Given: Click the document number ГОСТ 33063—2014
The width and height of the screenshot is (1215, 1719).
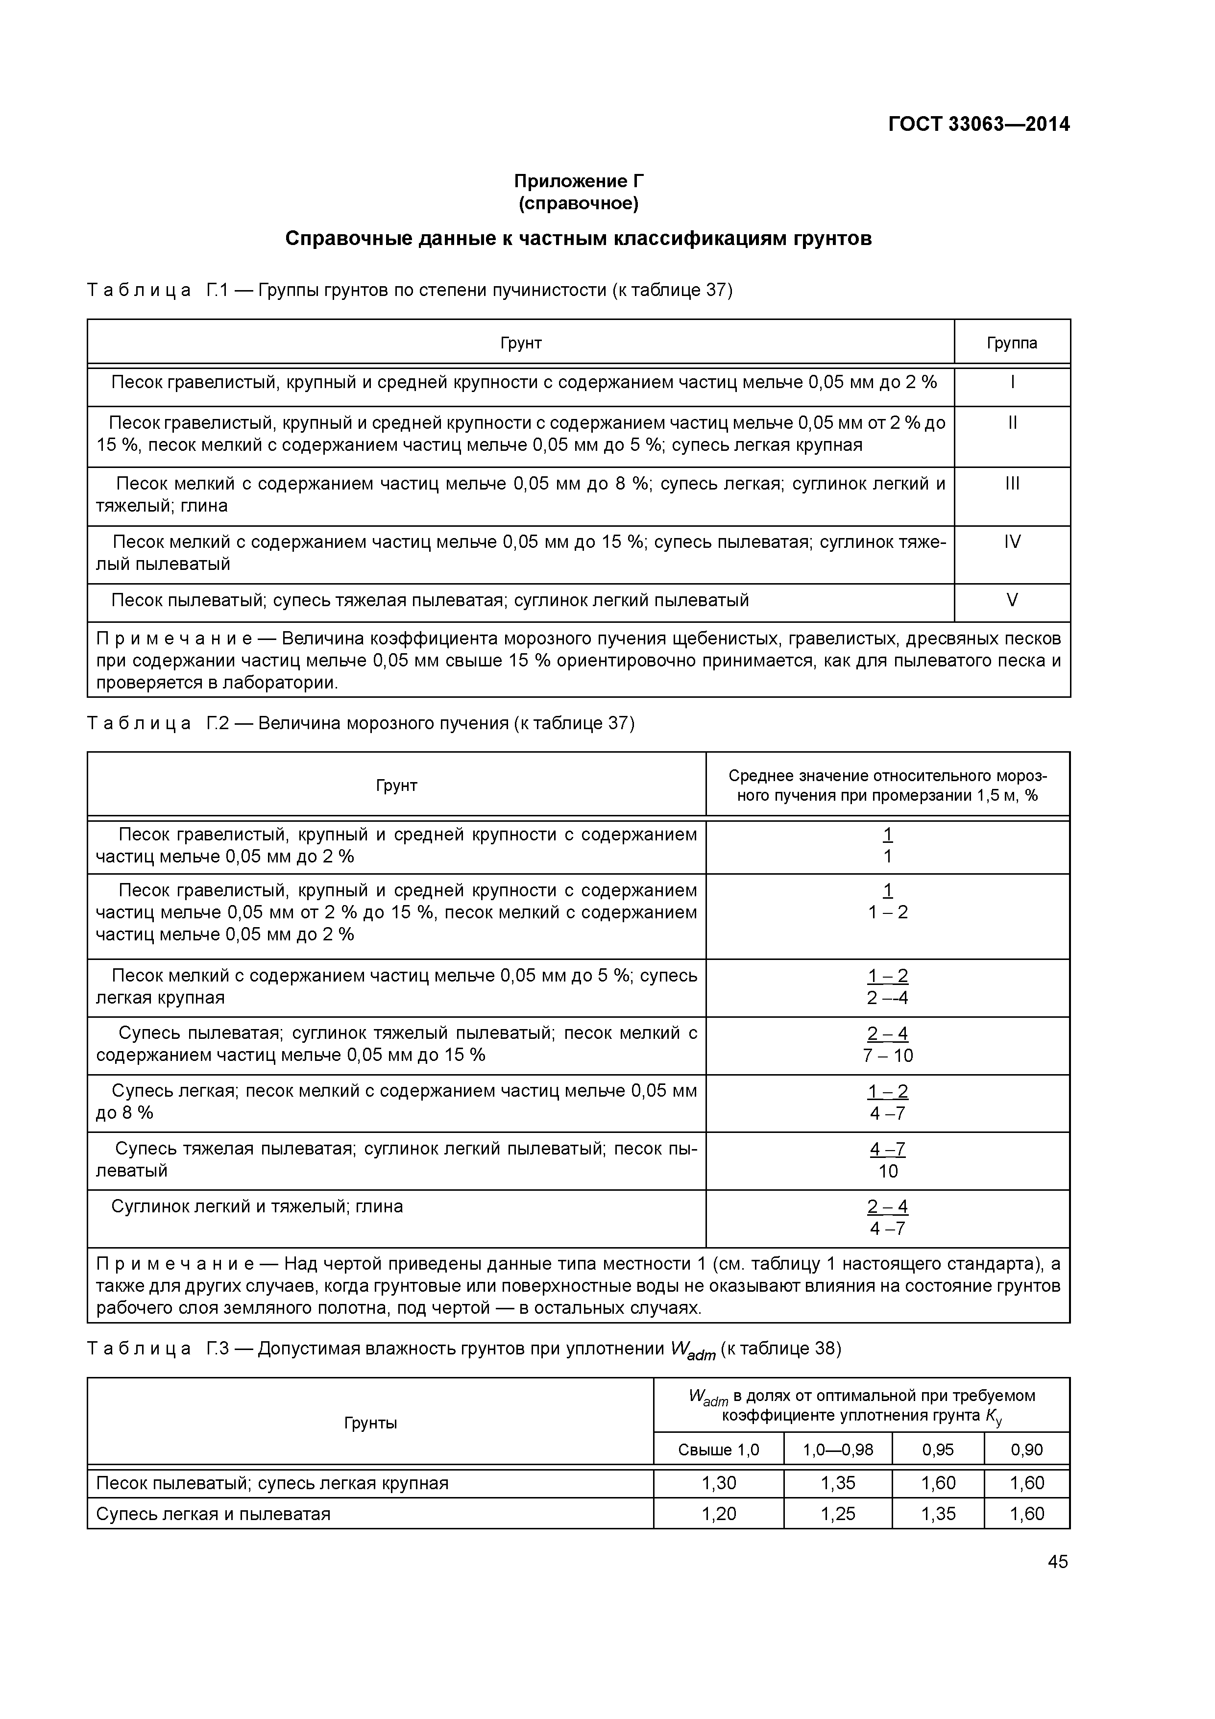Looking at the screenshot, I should [978, 124].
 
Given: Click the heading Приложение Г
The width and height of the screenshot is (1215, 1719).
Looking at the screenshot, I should [578, 181].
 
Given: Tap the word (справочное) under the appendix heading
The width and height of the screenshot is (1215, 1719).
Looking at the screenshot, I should [578, 204].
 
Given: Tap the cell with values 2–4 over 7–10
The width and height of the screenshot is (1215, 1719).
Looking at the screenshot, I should [887, 1044].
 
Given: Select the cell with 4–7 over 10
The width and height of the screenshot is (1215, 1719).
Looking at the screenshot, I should [887, 1160].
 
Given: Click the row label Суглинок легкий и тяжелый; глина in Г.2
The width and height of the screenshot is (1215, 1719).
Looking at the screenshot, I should [257, 1206].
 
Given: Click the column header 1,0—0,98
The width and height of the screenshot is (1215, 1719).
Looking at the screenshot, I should [838, 1450].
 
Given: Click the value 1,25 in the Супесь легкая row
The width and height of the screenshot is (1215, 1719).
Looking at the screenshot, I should [838, 1514].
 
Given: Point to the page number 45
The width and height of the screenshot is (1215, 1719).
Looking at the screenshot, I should [1057, 1562].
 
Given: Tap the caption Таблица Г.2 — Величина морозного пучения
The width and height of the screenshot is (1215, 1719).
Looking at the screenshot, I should [361, 723].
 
